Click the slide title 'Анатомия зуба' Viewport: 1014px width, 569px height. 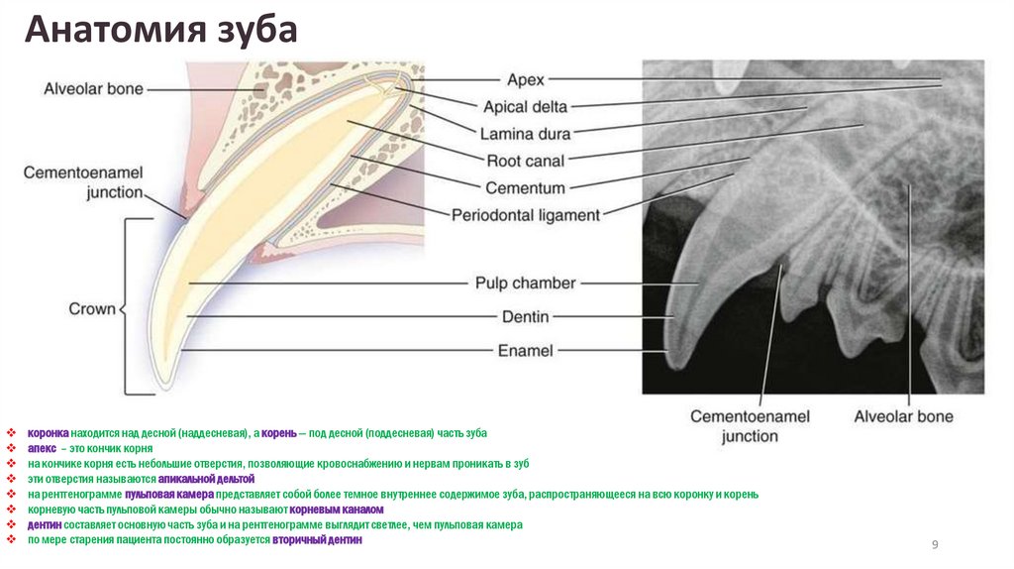(161, 30)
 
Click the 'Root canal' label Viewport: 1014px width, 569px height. (526, 161)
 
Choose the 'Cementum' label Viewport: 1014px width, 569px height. (525, 187)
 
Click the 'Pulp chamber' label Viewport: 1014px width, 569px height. (524, 284)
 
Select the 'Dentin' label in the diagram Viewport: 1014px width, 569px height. (525, 317)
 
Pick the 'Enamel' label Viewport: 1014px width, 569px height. (525, 350)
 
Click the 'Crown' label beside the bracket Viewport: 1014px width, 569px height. (91, 309)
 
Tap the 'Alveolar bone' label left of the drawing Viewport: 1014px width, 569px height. (93, 89)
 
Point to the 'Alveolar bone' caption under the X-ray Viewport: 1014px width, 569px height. (903, 416)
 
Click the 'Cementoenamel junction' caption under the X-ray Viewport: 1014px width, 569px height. (750, 426)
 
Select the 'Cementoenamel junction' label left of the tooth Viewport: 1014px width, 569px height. (83, 182)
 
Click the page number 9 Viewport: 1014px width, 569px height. (934, 544)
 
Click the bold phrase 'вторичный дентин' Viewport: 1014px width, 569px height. (319, 539)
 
